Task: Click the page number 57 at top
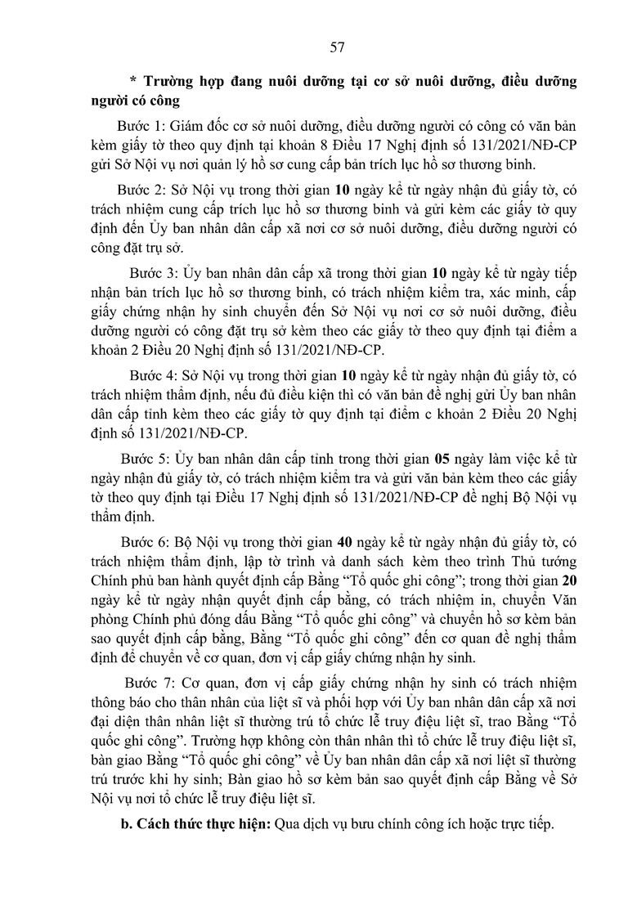(x=336, y=47)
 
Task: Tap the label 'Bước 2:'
(x=141, y=190)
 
